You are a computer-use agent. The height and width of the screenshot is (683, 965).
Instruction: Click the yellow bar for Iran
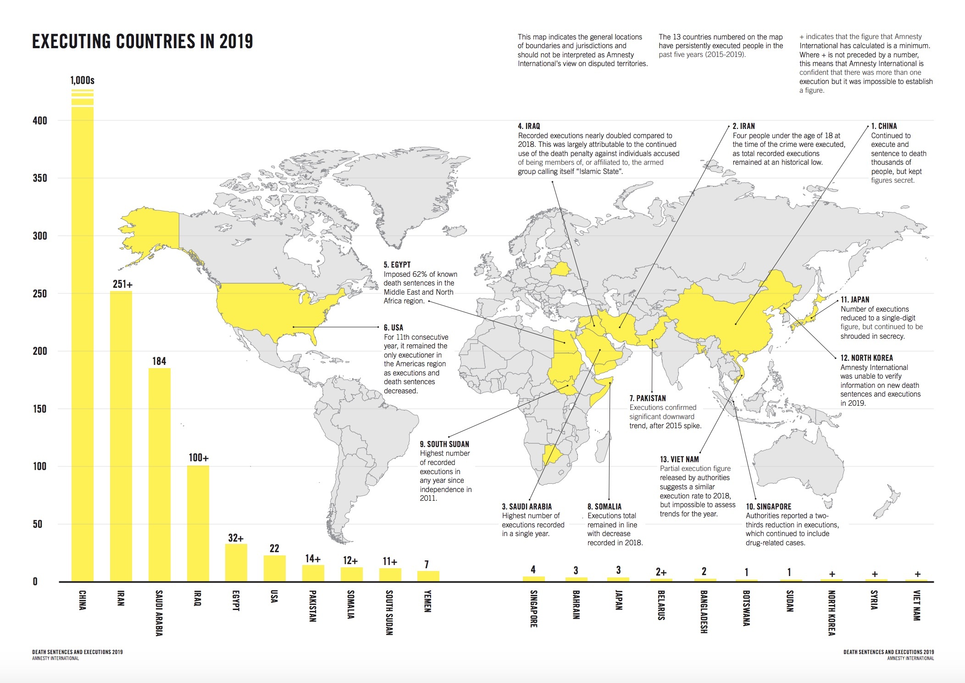[x=121, y=436]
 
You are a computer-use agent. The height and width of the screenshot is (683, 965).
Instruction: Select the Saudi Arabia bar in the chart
[x=159, y=475]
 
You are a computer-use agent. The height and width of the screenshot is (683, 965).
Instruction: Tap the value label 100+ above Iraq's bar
[x=199, y=458]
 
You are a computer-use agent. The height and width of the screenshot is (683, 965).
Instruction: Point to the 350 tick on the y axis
[x=40, y=178]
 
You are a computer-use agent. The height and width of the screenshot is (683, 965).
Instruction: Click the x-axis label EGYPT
[x=236, y=600]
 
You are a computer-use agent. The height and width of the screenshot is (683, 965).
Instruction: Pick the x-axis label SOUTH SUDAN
[x=389, y=612]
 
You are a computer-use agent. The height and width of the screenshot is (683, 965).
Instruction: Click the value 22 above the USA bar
[x=274, y=548]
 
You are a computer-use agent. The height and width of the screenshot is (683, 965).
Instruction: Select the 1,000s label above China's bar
[x=83, y=81]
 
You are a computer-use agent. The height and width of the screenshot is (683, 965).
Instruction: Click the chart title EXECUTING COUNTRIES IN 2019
[x=142, y=41]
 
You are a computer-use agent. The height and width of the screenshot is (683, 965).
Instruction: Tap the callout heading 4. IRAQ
[x=529, y=126]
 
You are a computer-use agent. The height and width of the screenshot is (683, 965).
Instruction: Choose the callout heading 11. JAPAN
[x=855, y=300]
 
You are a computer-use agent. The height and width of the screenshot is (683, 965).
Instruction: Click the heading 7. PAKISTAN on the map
[x=648, y=398]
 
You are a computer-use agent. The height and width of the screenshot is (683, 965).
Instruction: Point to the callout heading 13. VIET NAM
[x=679, y=459]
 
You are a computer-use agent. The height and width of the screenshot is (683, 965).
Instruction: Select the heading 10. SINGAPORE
[x=768, y=507]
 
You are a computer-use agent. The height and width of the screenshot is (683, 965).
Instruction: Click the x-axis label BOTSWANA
[x=746, y=608]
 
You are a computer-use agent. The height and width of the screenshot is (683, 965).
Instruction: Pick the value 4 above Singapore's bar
[x=533, y=569]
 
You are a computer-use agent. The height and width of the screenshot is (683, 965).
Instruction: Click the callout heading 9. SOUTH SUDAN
[x=444, y=444]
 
